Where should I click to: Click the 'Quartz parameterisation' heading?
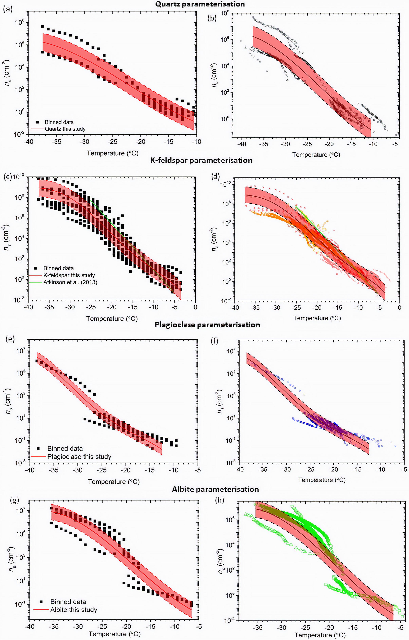point(200,4)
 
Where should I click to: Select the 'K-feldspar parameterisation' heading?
point(201,160)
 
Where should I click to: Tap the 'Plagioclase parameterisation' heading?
point(207,325)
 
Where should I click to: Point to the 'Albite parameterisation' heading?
point(215,489)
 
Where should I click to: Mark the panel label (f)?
point(214,341)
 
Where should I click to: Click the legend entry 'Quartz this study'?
point(65,129)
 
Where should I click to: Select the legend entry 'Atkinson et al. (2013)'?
point(70,282)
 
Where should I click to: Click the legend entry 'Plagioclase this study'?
point(79,457)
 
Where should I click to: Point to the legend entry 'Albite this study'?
point(74,610)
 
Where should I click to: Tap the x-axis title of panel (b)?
point(316,155)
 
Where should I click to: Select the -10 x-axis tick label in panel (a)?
point(196,142)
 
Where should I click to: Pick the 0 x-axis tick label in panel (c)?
point(195,307)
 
